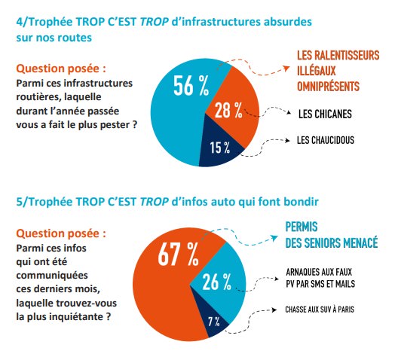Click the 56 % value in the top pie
point(191,86)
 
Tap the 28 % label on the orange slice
point(228,111)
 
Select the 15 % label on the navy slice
point(220,148)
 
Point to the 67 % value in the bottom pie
point(178,254)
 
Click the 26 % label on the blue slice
point(217,282)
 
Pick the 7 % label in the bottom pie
point(214,322)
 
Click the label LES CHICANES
point(325,114)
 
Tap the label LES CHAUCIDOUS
point(326,140)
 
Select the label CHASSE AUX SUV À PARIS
point(320,310)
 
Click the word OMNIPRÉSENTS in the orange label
point(328,87)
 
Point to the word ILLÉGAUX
point(316,71)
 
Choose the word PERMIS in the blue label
point(302,227)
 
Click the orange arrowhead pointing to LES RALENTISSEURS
point(286,69)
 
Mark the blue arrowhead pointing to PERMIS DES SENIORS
point(275,239)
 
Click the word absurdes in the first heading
point(288,21)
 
